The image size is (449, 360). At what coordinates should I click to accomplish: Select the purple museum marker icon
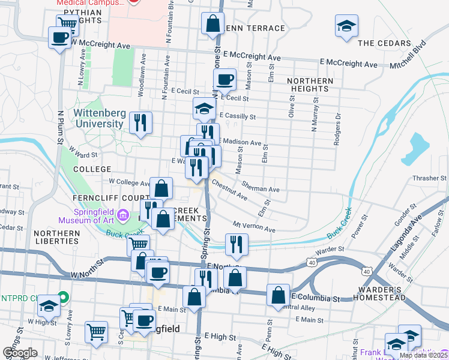click(124, 214)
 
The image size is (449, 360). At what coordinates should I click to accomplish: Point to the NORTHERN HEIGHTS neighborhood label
click(310, 85)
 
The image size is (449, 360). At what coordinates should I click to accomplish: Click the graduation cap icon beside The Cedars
click(346, 27)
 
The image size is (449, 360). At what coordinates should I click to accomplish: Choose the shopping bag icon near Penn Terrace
click(212, 24)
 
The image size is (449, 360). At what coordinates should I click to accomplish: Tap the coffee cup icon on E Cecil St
click(225, 79)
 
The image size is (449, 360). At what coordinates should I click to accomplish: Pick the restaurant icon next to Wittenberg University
click(141, 123)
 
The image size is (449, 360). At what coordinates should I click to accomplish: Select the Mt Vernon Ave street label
click(254, 227)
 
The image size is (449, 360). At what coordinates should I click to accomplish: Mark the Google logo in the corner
click(20, 353)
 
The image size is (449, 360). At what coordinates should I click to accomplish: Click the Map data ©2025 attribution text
click(423, 355)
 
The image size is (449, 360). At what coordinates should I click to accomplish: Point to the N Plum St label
click(61, 126)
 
